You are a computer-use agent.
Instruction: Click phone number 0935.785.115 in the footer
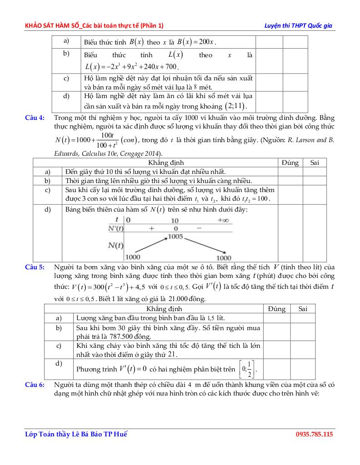click(315, 435)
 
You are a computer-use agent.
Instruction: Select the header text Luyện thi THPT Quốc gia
click(299, 25)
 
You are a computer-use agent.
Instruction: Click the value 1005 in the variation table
click(175, 237)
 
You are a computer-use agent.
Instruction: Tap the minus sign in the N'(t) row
click(199, 228)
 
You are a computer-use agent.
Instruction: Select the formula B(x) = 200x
click(196, 42)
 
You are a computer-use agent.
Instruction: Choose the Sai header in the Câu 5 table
click(303, 309)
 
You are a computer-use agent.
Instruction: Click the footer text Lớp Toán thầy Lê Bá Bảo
click(69, 435)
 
